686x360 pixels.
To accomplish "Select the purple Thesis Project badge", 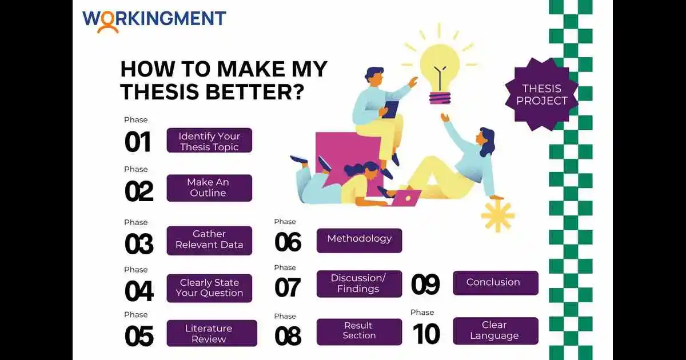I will (x=541, y=94).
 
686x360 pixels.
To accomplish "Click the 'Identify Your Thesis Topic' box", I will (x=209, y=141).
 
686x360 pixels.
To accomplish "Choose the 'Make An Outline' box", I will (x=209, y=187).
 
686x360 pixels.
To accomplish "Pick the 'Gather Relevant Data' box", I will (x=209, y=240).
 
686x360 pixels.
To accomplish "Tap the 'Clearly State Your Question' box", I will (x=209, y=288).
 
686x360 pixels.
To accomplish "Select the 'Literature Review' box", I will (x=212, y=333).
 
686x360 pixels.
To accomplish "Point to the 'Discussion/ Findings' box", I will (x=359, y=283).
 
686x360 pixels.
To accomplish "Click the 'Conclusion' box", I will (x=495, y=282).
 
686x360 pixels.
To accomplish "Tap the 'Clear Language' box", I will (x=495, y=331).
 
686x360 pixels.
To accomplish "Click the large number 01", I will (x=138, y=142).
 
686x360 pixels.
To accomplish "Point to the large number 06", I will (x=288, y=242).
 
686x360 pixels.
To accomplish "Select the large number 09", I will (x=425, y=285).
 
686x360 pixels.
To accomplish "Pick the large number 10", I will (x=426, y=334).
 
